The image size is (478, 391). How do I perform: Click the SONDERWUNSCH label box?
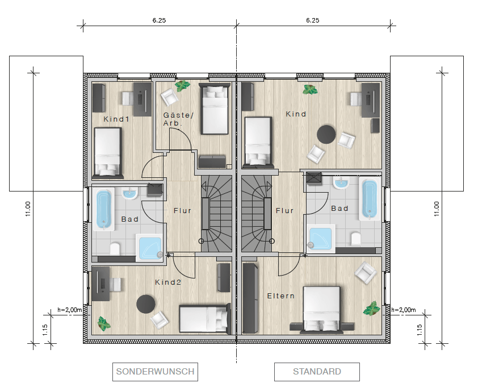click(x=155, y=372)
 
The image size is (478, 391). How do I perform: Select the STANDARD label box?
click(x=317, y=372)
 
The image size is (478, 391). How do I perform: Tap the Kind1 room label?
click(x=116, y=119)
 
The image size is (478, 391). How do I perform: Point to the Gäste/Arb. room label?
click(x=178, y=119)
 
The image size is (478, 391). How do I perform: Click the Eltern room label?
click(x=281, y=296)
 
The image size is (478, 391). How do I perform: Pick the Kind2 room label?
click(x=168, y=282)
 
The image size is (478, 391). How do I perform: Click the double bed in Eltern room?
click(x=322, y=309)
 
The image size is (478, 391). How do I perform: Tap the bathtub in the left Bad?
click(x=104, y=209)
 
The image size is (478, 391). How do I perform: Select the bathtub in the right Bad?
click(x=370, y=199)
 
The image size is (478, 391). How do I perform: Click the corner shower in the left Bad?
click(x=149, y=248)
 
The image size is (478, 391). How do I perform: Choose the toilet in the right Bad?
click(x=356, y=239)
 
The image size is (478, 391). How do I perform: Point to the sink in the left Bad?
click(x=130, y=193)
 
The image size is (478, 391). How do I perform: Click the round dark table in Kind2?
click(x=146, y=304)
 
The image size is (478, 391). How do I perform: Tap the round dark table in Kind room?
click(x=326, y=134)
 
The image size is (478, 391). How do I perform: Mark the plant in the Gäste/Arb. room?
click(x=182, y=86)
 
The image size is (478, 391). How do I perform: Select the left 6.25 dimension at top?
click(x=159, y=20)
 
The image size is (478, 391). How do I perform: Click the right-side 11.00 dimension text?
click(x=437, y=209)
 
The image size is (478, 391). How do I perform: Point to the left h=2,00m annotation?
click(x=69, y=310)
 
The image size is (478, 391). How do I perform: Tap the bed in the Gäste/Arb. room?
click(x=215, y=109)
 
